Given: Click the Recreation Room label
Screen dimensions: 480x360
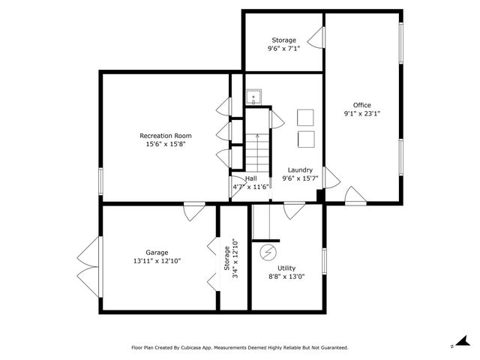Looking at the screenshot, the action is [x=166, y=136].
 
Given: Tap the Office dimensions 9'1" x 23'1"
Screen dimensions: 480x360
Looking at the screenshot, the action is [x=362, y=113].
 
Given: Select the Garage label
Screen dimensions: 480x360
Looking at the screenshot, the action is [x=157, y=253].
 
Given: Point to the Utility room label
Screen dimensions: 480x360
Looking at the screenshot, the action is [x=286, y=268].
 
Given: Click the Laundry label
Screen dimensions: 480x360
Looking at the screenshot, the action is [x=300, y=170].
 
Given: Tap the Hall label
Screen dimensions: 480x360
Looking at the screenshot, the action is [x=251, y=178].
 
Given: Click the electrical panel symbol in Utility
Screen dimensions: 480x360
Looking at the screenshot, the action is [x=268, y=253].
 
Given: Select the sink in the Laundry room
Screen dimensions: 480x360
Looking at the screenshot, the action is [x=253, y=97].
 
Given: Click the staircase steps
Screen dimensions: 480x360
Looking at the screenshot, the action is [x=257, y=152].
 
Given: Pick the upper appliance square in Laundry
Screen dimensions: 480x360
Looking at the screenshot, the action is [x=305, y=118].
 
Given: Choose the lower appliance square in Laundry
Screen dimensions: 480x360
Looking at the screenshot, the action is [x=306, y=139].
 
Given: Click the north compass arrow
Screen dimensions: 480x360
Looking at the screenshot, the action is [x=463, y=340].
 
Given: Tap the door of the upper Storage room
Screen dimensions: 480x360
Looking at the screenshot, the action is [x=316, y=37].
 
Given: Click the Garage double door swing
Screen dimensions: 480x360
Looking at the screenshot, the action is [x=89, y=267].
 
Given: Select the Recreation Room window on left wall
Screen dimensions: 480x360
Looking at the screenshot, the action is [x=100, y=181].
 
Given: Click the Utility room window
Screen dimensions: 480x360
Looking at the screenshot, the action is [x=324, y=261].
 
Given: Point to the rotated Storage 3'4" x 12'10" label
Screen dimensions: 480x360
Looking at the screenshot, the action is [x=231, y=258].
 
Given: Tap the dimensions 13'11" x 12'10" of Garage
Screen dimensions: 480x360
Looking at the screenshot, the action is [x=157, y=261].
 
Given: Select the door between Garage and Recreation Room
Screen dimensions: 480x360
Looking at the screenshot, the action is [x=194, y=211].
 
